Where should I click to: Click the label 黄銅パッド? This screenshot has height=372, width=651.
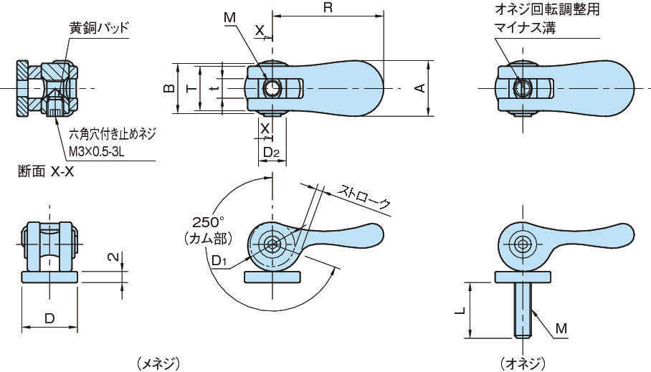[99, 28]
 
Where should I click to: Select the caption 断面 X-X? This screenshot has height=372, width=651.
[46, 172]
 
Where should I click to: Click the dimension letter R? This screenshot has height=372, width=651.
[327, 9]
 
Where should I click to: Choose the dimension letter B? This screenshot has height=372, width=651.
[168, 87]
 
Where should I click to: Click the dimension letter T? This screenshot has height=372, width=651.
[189, 87]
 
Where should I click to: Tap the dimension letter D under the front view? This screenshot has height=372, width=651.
[49, 318]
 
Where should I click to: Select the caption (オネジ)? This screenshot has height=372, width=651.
[523, 363]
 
